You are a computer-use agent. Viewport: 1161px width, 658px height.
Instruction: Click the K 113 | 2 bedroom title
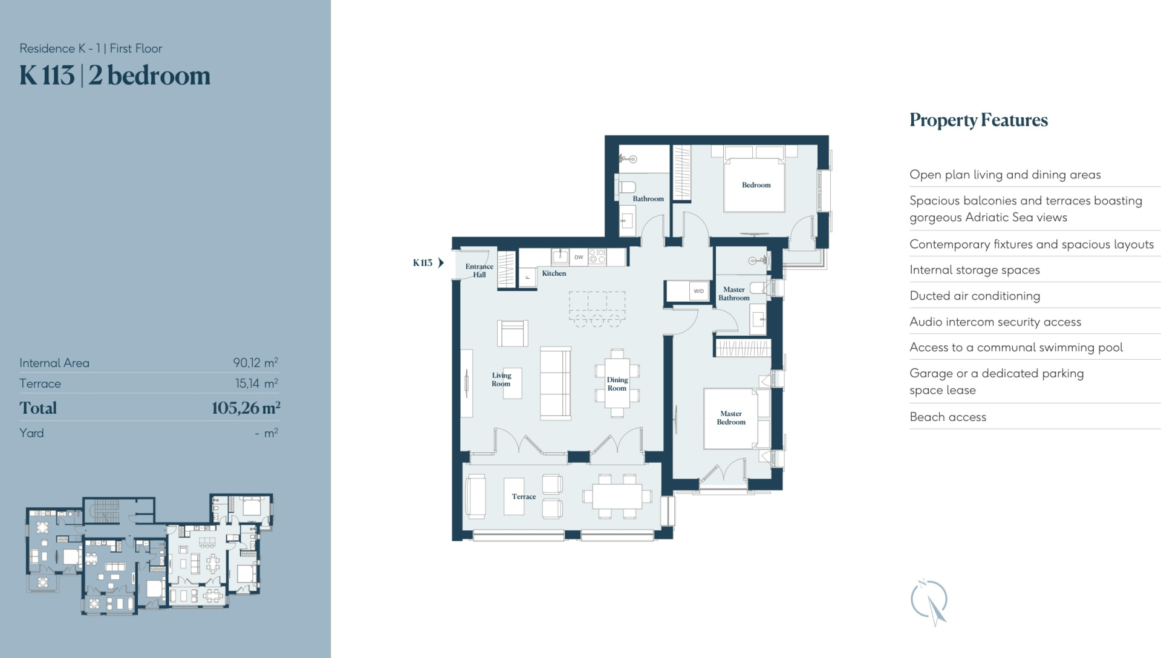pos(115,76)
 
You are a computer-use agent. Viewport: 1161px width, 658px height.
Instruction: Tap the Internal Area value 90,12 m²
pos(255,363)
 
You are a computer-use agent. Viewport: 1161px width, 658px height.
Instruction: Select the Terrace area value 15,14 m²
pos(256,383)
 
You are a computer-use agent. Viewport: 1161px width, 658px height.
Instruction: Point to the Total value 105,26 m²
pos(246,408)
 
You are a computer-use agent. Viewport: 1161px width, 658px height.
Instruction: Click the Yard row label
pos(31,433)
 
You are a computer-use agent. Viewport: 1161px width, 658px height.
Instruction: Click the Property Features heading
pos(978,120)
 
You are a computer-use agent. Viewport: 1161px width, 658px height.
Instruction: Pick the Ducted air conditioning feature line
pos(975,296)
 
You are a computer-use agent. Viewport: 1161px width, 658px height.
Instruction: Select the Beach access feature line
pos(948,417)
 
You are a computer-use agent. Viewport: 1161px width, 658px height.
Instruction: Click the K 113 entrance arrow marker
pos(441,262)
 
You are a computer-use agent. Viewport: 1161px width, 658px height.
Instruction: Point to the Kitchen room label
pos(554,273)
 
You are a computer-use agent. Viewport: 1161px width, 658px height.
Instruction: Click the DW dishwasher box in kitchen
pos(579,257)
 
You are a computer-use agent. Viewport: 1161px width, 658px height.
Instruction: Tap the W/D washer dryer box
pos(698,291)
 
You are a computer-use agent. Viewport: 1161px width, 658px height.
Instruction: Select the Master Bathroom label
pos(733,294)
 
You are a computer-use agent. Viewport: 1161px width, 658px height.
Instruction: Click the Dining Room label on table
pos(617,384)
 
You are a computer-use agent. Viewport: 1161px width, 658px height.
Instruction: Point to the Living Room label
pos(501,380)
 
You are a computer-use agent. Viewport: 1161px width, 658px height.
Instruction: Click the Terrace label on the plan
pos(524,497)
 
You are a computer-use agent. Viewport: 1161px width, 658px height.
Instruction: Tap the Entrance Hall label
pos(479,270)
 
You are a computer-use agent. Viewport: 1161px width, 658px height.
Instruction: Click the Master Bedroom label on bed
pos(731,418)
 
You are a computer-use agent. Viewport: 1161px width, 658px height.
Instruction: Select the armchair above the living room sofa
pos(512,333)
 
